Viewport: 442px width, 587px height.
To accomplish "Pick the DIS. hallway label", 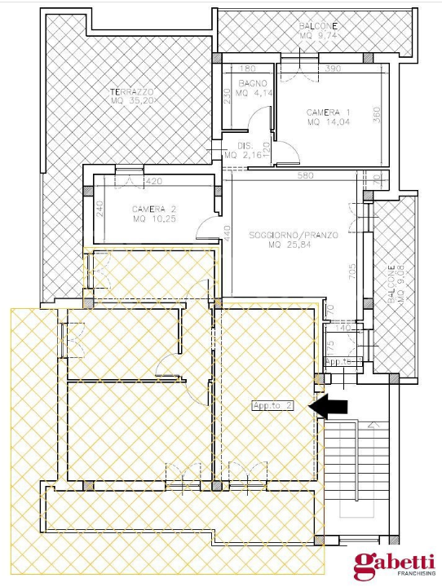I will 245,145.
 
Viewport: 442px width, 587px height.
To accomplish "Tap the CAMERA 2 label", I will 154,210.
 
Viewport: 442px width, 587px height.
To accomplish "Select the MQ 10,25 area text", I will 154,219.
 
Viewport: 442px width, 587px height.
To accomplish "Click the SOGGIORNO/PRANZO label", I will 293,235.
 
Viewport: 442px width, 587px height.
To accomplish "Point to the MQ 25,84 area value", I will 291,245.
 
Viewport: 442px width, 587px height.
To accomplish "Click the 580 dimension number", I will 306,175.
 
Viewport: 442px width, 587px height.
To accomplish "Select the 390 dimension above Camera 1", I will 333,69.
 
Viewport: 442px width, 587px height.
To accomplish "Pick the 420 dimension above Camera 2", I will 154,181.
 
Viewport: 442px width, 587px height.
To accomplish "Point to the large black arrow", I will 330,406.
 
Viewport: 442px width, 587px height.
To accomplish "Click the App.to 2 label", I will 272,406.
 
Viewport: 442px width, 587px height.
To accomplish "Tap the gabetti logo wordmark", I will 393,563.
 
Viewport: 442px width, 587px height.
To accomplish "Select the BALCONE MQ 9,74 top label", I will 317,32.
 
